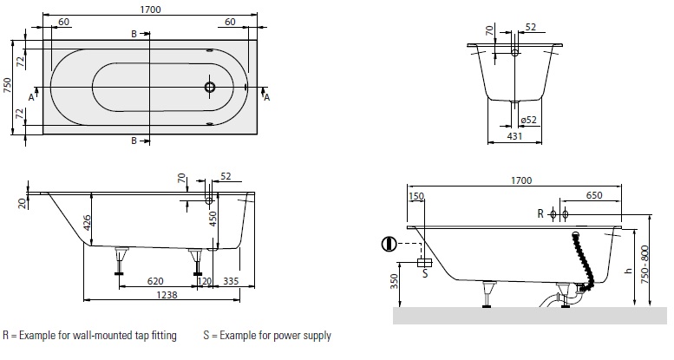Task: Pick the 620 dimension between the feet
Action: click(155, 280)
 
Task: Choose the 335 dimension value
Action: click(230, 280)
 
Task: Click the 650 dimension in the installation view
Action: click(593, 196)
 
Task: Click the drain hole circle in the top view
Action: click(210, 88)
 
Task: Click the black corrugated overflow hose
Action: click(584, 260)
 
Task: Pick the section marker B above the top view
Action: click(134, 33)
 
